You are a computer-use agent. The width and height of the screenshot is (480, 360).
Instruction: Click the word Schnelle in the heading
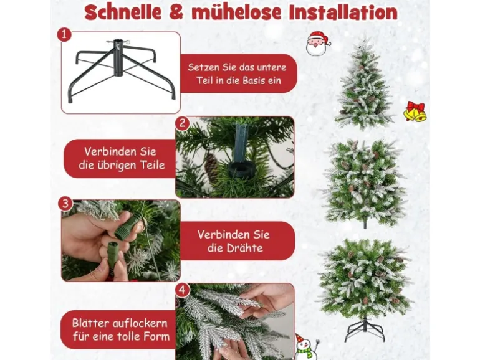click(123, 12)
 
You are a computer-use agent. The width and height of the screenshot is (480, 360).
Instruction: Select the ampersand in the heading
click(177, 12)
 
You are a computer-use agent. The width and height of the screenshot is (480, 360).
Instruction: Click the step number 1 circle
click(64, 34)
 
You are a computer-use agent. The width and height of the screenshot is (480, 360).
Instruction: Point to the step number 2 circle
click(183, 123)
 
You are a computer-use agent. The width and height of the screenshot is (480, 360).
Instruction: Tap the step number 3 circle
click(65, 204)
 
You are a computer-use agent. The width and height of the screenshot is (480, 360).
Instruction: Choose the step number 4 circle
click(183, 290)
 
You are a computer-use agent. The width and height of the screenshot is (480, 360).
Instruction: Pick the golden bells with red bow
click(415, 111)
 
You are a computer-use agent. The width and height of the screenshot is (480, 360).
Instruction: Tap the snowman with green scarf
click(306, 348)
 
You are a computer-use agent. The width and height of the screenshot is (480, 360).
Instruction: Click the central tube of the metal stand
click(118, 59)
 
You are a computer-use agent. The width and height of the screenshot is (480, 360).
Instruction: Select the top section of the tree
click(364, 83)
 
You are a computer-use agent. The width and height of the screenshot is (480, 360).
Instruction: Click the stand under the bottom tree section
click(364, 330)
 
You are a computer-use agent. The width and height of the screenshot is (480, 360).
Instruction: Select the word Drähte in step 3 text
click(235, 248)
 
